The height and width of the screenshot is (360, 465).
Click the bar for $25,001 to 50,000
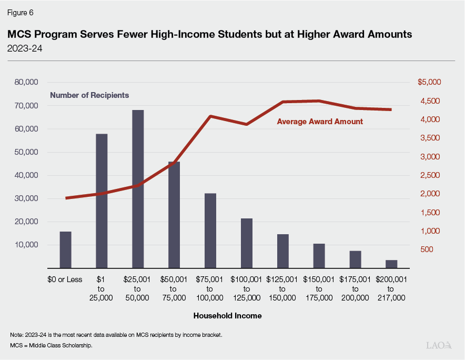tap(138, 189)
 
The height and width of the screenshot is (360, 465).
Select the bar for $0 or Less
tap(65, 250)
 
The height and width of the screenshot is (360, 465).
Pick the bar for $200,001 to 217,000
tap(391, 264)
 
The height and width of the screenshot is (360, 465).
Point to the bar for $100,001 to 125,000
tap(247, 243)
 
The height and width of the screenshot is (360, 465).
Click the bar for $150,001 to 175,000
tap(319, 256)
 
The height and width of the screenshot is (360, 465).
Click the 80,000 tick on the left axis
tap(25, 83)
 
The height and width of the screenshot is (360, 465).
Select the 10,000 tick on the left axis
tap(25, 245)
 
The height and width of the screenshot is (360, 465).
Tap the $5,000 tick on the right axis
tap(429, 83)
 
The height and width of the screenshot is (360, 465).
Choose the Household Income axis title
tap(227, 316)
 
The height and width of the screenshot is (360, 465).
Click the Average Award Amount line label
tap(320, 122)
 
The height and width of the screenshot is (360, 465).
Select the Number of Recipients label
tap(89, 95)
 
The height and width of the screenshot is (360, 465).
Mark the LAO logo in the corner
tap(439, 345)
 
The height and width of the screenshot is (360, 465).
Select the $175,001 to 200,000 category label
tap(355, 288)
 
